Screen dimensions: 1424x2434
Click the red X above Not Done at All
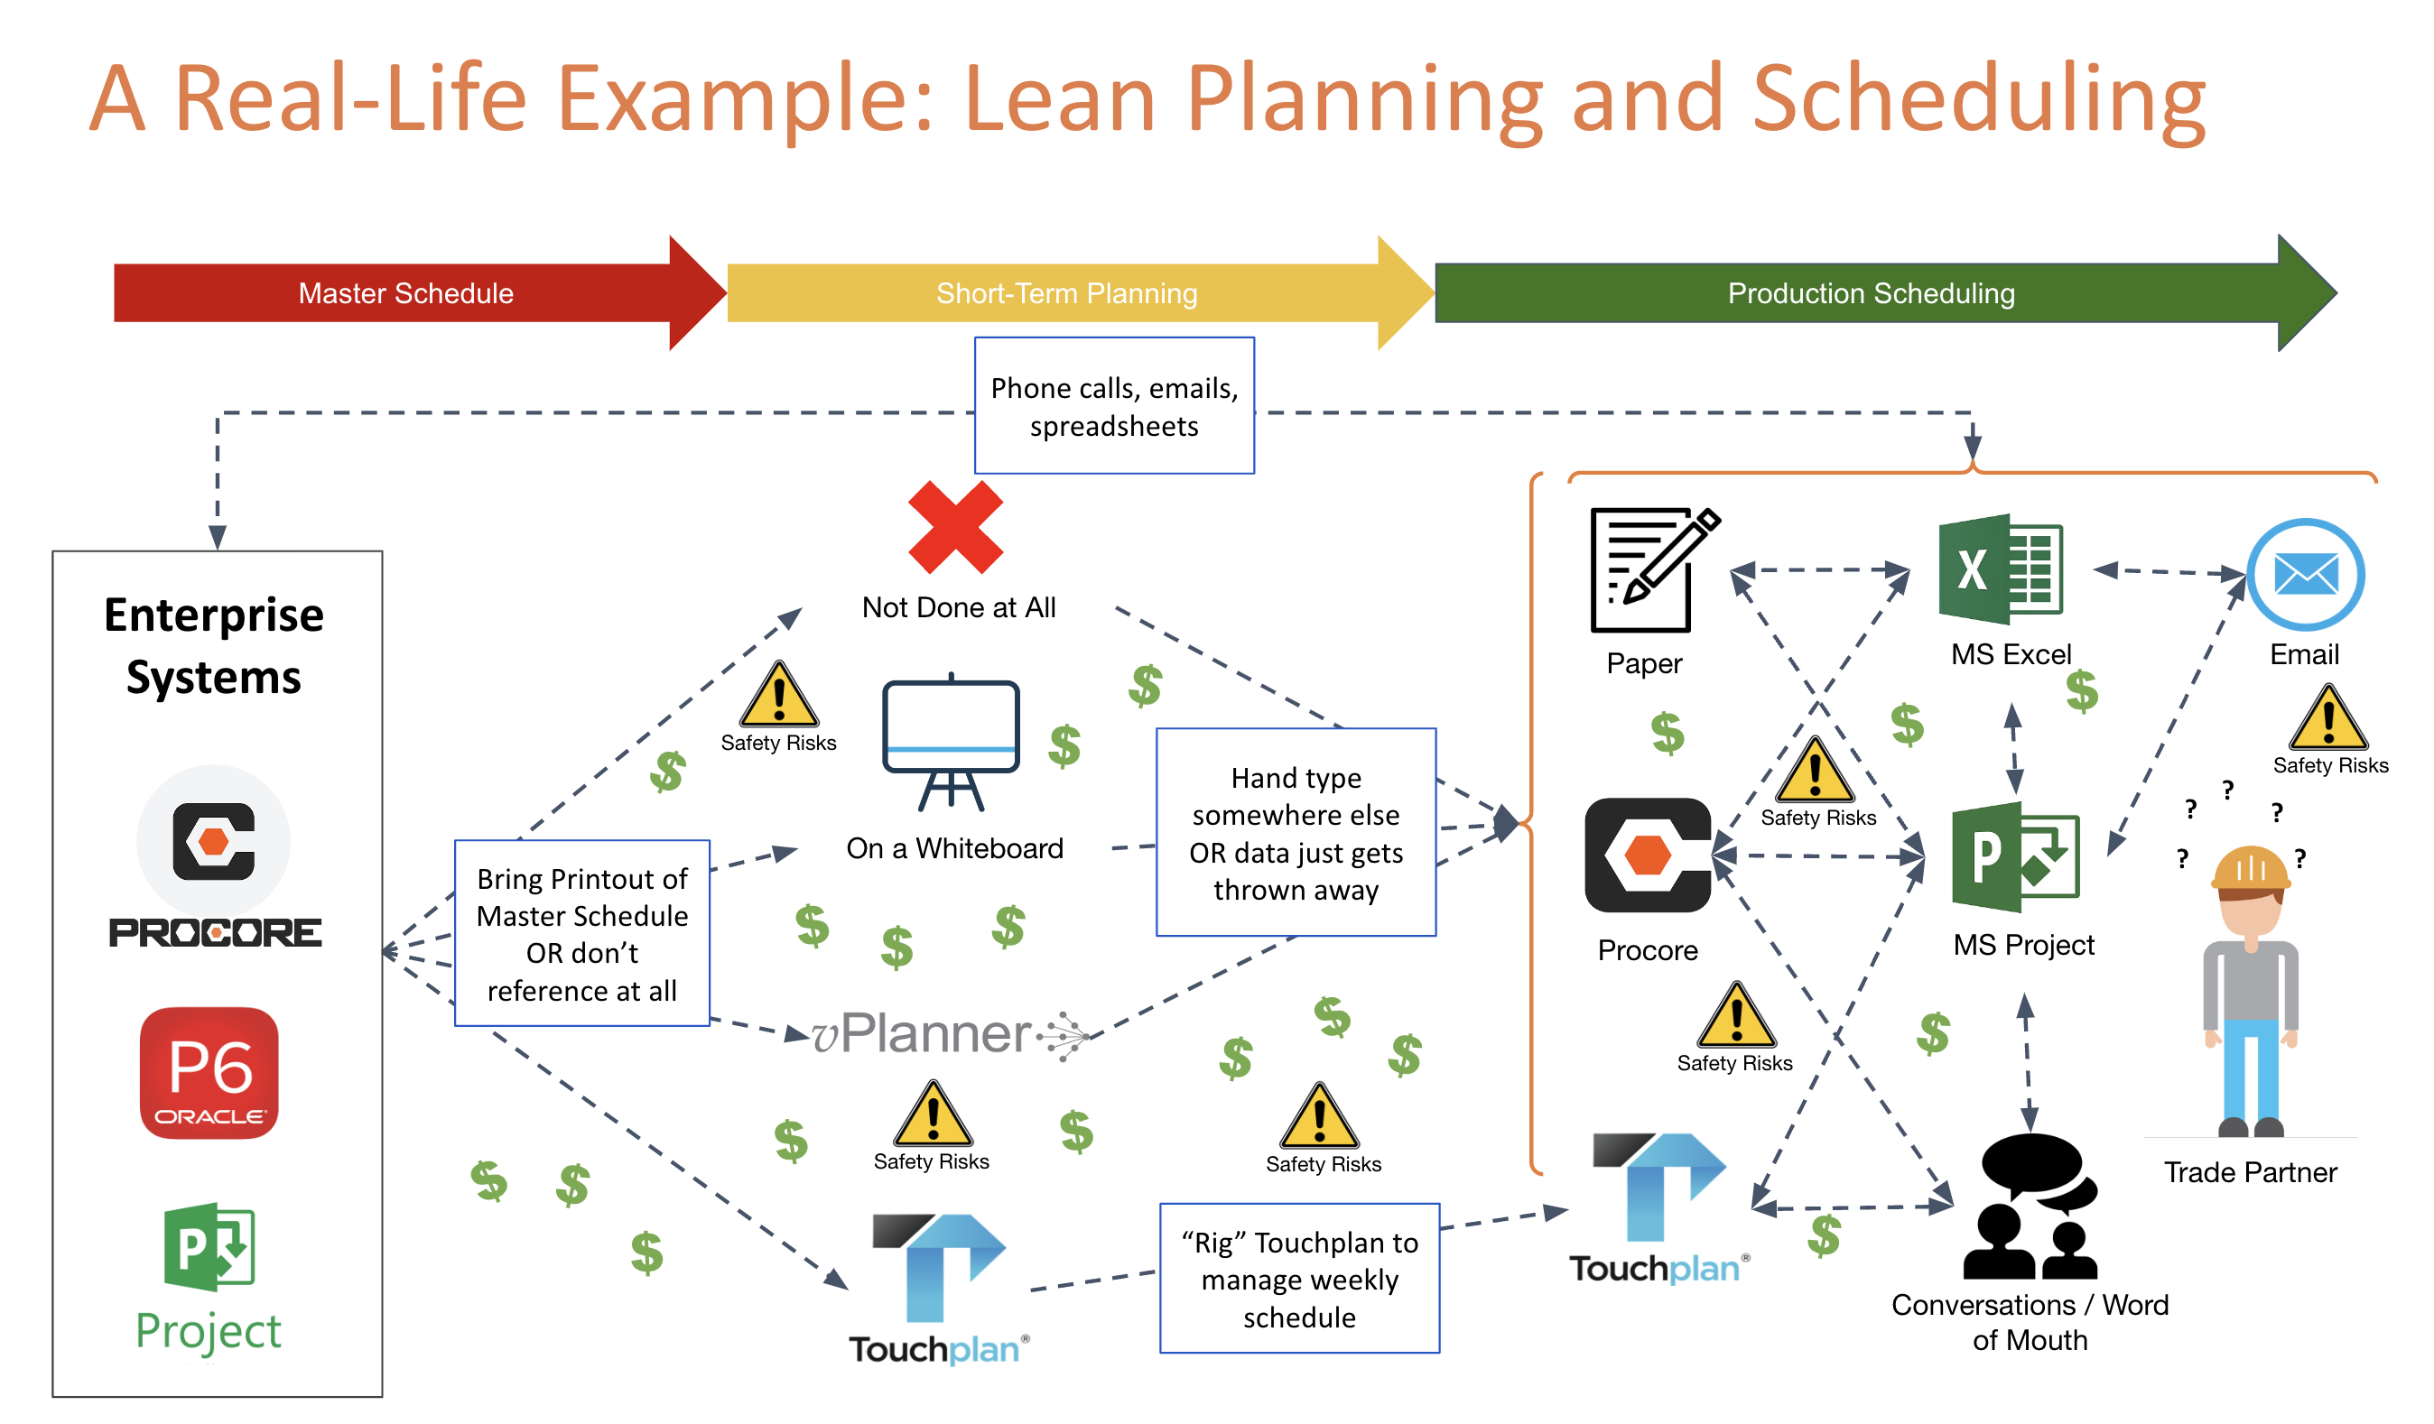[955, 527]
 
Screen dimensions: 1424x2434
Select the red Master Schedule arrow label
[405, 292]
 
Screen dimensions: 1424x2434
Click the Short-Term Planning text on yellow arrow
[1066, 292]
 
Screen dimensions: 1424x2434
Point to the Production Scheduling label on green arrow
[1870, 292]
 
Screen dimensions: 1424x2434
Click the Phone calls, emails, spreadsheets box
[1114, 405]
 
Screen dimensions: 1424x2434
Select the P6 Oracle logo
[209, 1073]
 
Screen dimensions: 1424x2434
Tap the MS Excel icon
[2001, 569]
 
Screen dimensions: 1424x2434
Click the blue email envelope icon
[2305, 576]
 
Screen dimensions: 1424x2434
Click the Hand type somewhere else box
[1296, 832]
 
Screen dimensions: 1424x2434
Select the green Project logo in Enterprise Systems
[209, 1274]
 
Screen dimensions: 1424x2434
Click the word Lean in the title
[1060, 98]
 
